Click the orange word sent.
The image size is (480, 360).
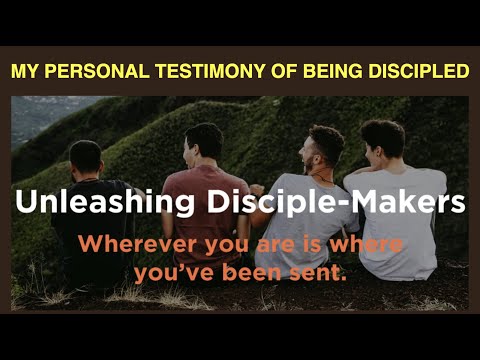click(320, 269)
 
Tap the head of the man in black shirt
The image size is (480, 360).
click(85, 156)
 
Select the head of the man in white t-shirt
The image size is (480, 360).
click(383, 138)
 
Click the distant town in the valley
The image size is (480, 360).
click(35, 115)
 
